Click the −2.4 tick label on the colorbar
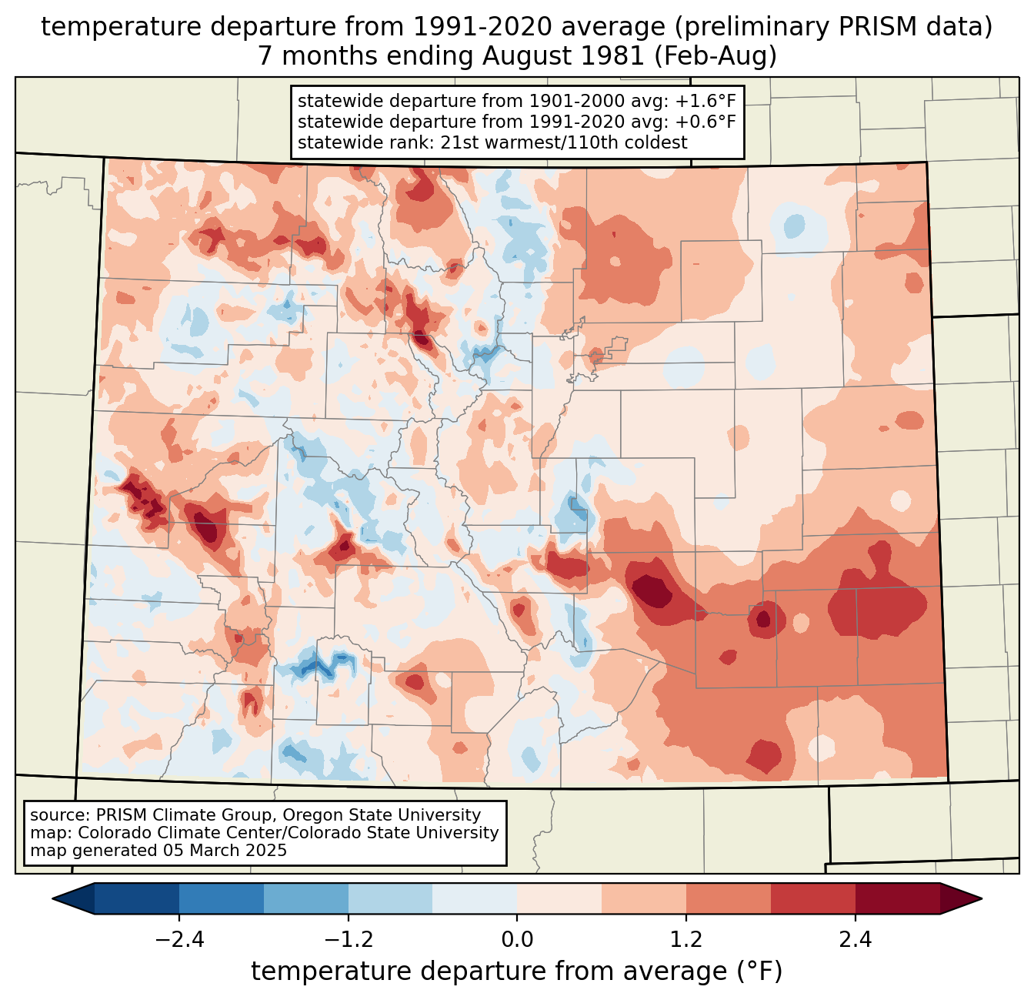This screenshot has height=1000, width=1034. [179, 940]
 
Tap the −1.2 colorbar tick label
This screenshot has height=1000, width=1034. [349, 940]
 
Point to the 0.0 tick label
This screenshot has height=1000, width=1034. [517, 940]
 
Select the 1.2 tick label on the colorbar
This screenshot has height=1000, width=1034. [686, 940]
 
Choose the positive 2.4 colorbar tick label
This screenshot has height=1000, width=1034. [856, 940]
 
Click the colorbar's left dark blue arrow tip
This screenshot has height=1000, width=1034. [55, 898]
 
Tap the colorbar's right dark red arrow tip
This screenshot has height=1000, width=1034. [979, 898]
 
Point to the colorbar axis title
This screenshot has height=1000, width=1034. [516, 972]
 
